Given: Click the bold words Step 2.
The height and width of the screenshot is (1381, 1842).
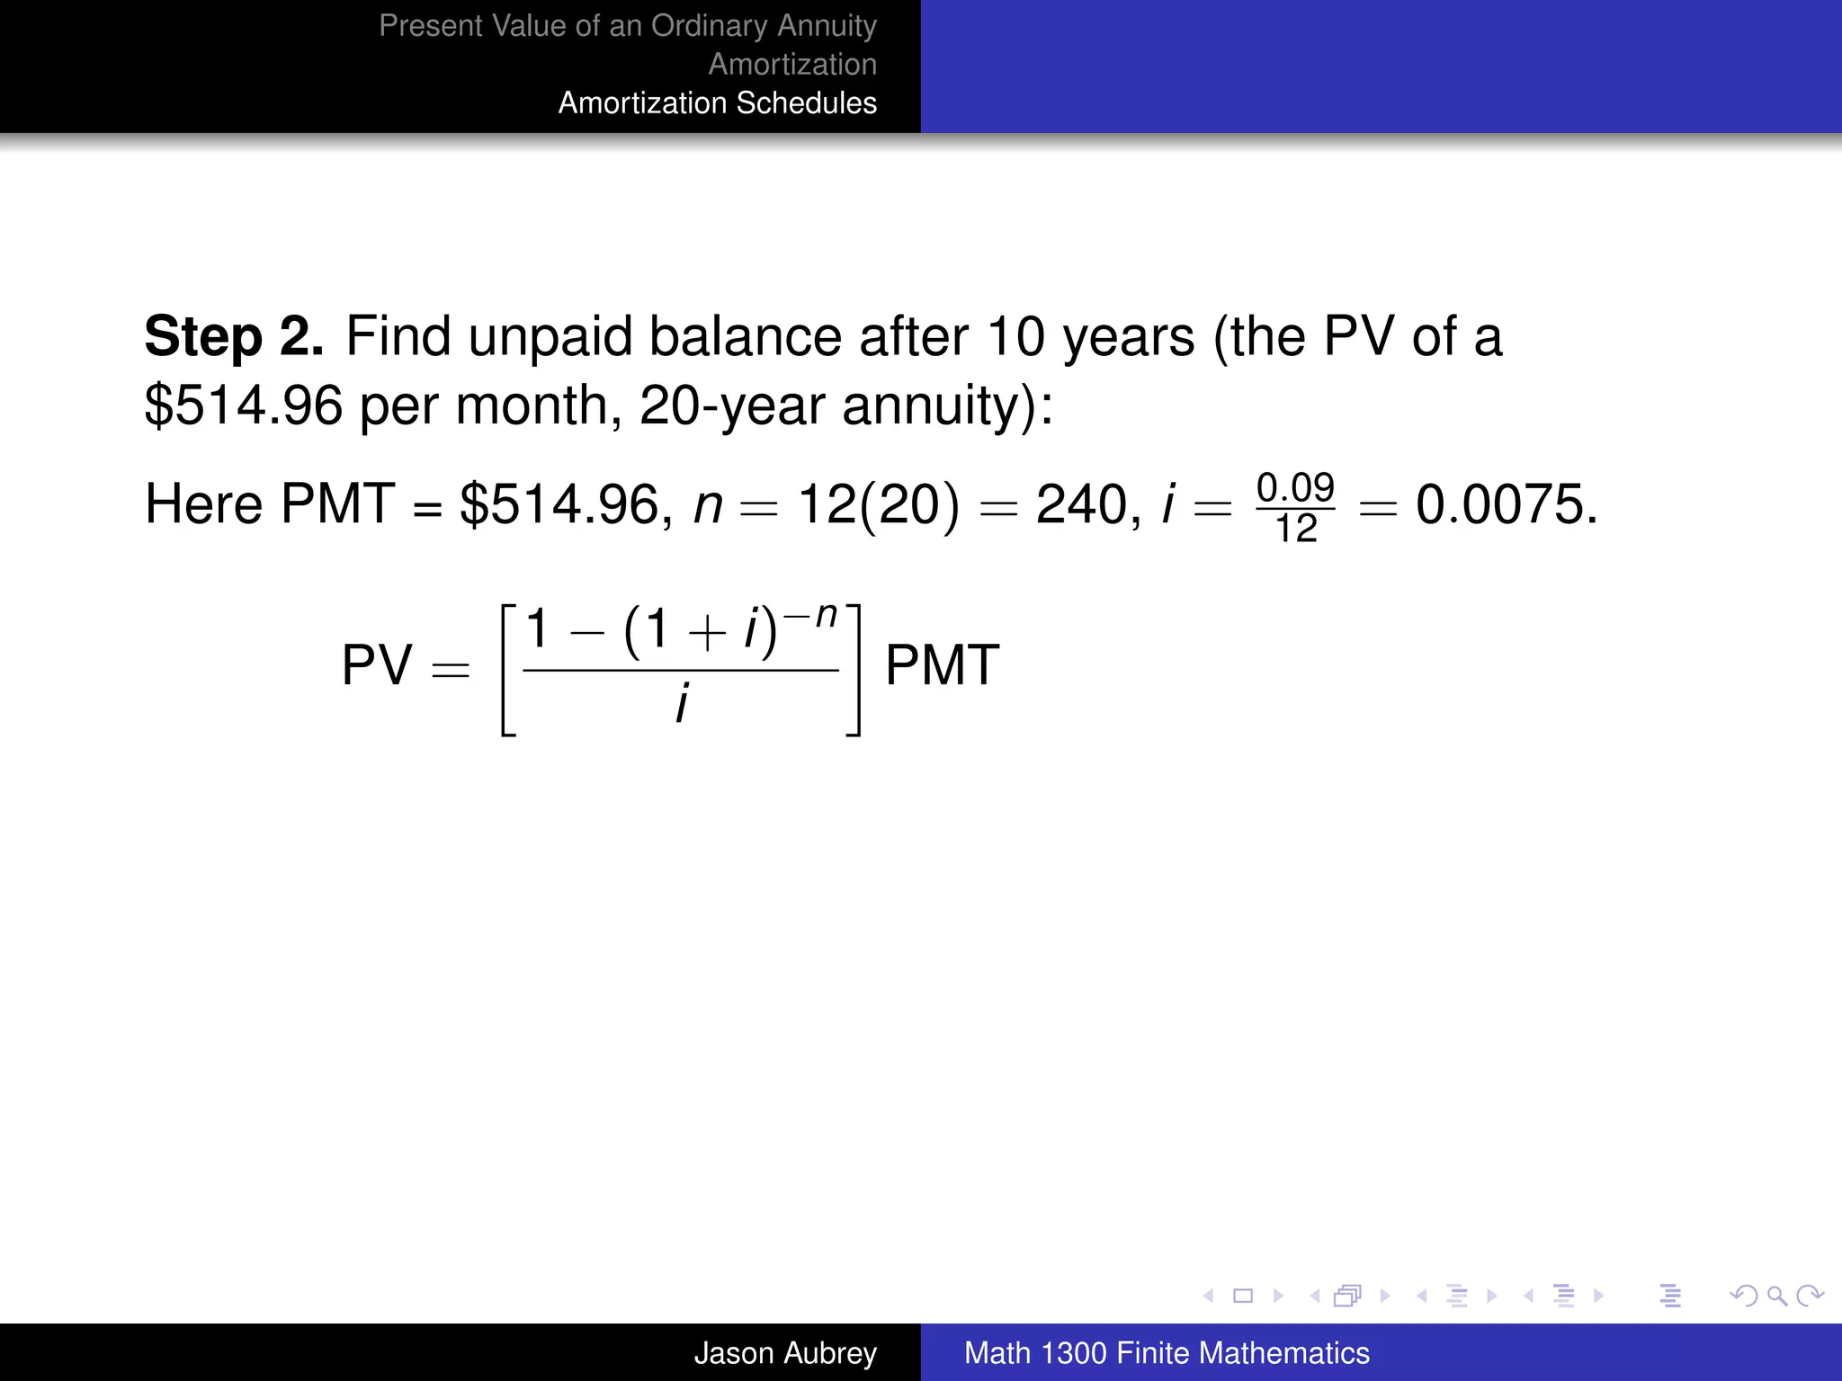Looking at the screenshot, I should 234,337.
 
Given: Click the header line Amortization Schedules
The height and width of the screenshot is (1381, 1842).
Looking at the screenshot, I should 717,103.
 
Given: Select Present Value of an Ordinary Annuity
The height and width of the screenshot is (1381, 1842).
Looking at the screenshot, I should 627,26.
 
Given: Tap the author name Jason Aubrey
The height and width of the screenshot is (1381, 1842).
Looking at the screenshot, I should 784,1353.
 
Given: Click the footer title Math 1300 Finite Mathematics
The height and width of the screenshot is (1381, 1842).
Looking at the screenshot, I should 1167,1353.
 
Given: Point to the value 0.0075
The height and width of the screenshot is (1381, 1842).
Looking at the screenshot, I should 1506,504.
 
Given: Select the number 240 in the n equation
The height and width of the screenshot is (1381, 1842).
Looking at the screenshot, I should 1081,504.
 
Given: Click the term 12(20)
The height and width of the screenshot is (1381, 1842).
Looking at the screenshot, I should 879,504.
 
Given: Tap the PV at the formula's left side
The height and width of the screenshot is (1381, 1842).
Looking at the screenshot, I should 377,666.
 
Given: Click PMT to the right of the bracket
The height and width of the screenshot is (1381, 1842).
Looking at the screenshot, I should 942,666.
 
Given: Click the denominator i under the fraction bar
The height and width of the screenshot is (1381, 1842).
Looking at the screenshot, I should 683,703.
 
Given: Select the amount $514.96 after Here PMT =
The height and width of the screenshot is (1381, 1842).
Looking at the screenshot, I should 565,504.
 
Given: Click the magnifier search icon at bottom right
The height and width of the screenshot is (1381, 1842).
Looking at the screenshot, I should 1776,1296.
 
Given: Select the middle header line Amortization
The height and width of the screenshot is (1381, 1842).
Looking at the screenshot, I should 792,65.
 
